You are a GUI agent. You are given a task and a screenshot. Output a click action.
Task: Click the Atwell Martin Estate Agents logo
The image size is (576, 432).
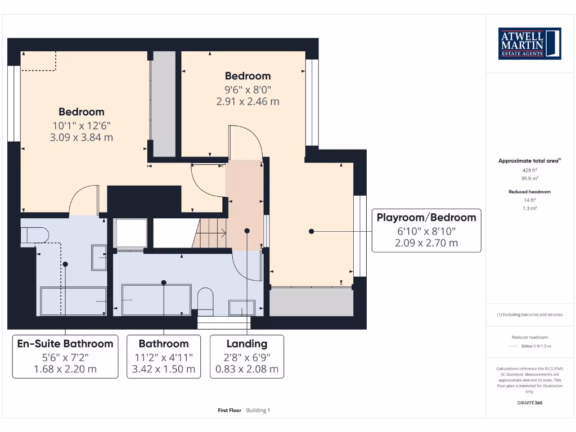coord(530,44)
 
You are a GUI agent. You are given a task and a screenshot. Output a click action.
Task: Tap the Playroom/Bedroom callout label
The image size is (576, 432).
coord(426,230)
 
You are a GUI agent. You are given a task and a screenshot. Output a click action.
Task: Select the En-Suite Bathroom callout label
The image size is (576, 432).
coord(65,356)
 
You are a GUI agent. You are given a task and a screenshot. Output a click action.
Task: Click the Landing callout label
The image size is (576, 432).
coord(247,356)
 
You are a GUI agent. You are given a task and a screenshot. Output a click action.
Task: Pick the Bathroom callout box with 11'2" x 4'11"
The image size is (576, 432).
coord(163,356)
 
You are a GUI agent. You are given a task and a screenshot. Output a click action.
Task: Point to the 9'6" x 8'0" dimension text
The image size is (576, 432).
coord(247,89)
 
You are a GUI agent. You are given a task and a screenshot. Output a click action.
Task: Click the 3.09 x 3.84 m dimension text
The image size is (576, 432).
coord(82,137)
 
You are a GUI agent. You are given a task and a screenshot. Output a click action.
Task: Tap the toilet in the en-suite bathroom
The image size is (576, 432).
coord(35,233)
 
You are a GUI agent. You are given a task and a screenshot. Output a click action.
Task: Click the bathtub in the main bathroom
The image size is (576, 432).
coord(156,300)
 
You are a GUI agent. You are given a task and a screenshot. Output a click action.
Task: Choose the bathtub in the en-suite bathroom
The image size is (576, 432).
coord(73,301)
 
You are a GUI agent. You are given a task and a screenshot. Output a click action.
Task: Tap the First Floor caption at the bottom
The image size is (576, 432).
coord(229,411)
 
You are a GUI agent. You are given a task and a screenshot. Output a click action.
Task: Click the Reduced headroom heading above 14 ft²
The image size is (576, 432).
coord(529,192)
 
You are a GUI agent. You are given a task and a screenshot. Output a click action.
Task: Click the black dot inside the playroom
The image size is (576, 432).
coord(311,231)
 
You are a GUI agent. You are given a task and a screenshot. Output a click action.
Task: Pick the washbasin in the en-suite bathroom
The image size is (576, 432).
coord(99,258)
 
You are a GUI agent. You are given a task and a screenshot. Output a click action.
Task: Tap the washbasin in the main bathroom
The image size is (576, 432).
coord(241,307)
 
